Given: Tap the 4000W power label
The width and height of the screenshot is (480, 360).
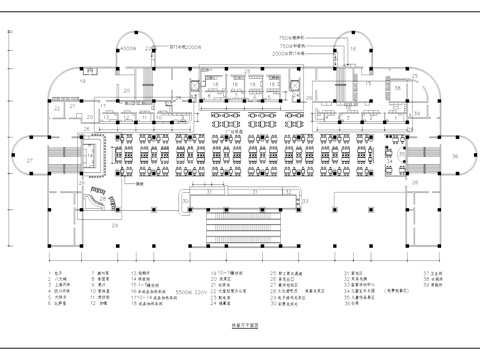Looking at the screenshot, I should (x=127, y=46).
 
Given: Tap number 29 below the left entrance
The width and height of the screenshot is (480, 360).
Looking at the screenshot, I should (x=115, y=228).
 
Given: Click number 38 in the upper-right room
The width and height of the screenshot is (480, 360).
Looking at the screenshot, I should (x=398, y=88).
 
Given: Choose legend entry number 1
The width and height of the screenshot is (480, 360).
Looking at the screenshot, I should (x=50, y=272).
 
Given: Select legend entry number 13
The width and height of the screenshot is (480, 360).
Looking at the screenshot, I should (x=133, y=272).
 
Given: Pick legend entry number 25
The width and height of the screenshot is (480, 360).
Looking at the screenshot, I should (x=273, y=272).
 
